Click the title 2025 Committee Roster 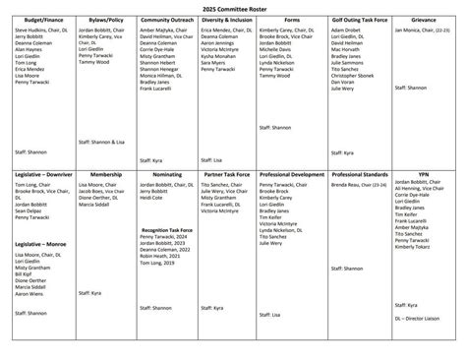tap(233, 8)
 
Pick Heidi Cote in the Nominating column tap(150, 198)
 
